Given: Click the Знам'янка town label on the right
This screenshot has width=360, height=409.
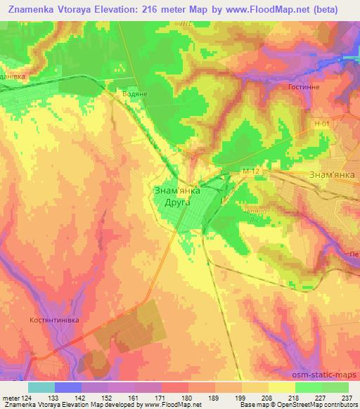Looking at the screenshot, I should pos(333,174).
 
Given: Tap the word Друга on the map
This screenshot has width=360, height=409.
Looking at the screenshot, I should pos(178,201).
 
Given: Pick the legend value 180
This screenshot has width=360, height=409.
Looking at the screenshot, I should pos(186,397).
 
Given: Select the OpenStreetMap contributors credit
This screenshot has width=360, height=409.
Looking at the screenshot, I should pos(320,405).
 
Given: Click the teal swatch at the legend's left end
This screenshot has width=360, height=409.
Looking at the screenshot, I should pos(41,387).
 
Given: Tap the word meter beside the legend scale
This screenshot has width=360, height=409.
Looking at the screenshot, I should pos(11,397).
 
